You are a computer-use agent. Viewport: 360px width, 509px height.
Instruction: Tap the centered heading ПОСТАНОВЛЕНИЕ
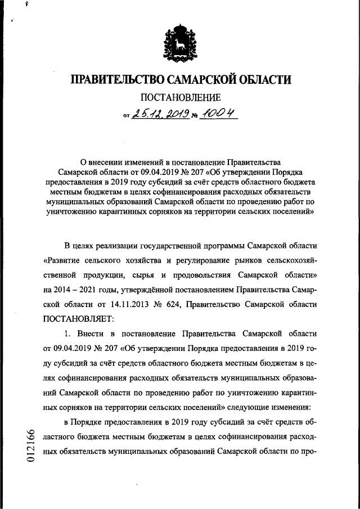180,98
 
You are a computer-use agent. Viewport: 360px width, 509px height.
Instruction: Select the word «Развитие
65,260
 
